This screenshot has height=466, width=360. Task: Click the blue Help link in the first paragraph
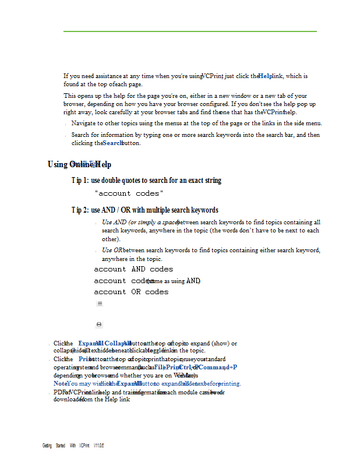click(x=265, y=76)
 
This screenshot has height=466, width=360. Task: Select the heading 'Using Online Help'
click(x=79, y=164)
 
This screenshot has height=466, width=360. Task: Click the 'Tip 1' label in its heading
click(x=80, y=181)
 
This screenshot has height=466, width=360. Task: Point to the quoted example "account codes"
click(x=129, y=193)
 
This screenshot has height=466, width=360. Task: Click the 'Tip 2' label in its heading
click(x=80, y=210)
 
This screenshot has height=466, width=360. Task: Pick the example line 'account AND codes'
click(x=133, y=269)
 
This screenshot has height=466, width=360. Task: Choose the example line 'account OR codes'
click(x=131, y=292)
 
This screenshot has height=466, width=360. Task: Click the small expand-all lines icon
click(x=100, y=303)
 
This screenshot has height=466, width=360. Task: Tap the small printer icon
click(x=99, y=324)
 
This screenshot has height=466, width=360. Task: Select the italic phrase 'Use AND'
click(x=114, y=222)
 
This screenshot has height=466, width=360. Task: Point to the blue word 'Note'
click(x=60, y=384)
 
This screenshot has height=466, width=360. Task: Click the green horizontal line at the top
click(x=190, y=31)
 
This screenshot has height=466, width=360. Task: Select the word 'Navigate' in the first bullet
click(x=83, y=123)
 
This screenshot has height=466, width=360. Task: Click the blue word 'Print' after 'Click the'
click(x=86, y=359)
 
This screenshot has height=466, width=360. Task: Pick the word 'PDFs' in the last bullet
click(x=59, y=393)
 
